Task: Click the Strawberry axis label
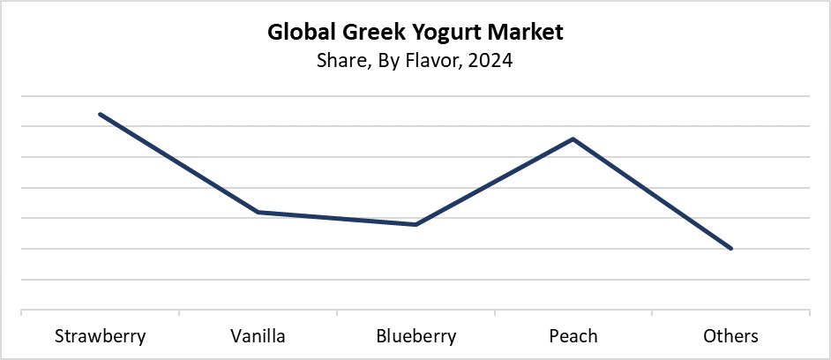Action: (x=100, y=336)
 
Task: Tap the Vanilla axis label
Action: (x=258, y=336)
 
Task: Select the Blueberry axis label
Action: (x=415, y=336)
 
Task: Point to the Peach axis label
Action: (x=573, y=336)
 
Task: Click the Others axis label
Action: (x=731, y=336)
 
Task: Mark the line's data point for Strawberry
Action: (x=100, y=114)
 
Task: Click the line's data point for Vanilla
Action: (x=258, y=212)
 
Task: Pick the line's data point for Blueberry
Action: (x=415, y=224)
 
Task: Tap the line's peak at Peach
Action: (x=573, y=139)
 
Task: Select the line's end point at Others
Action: (x=731, y=249)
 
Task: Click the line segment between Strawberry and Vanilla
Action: (x=178, y=162)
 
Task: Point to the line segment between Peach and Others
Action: (x=653, y=194)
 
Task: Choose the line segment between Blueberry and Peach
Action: (x=494, y=182)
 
